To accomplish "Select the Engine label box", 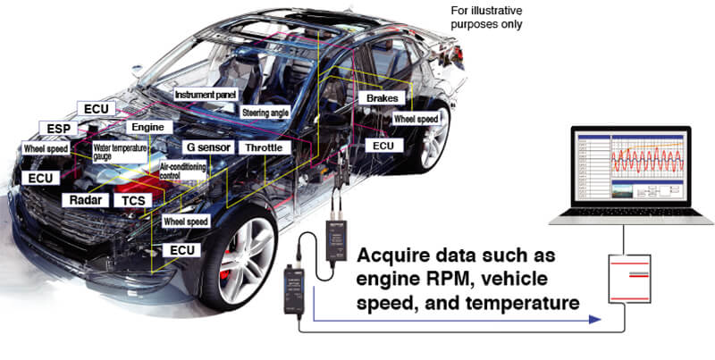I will (x=147, y=127).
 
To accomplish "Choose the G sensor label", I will (x=209, y=147).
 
